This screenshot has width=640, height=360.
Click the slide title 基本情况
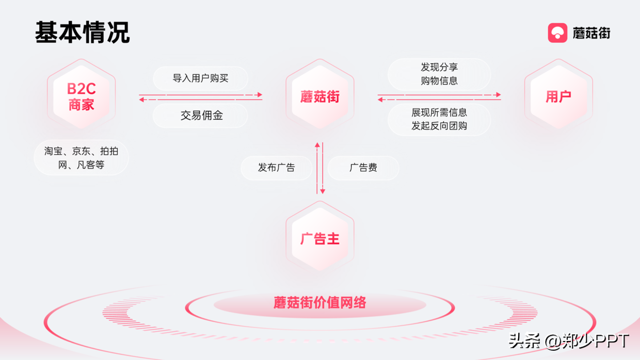pyautogui.click(x=82, y=32)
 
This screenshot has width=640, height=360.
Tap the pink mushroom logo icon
pyautogui.click(x=557, y=33)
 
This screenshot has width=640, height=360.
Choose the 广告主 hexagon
pyautogui.click(x=320, y=238)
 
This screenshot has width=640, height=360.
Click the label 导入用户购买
pyautogui.click(x=200, y=78)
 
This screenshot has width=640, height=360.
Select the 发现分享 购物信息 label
pyautogui.click(x=439, y=74)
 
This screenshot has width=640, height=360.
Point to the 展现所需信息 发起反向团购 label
pyautogui.click(x=439, y=119)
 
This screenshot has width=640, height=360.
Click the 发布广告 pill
pyautogui.click(x=277, y=168)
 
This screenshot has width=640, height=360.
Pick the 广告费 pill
pyautogui.click(x=363, y=168)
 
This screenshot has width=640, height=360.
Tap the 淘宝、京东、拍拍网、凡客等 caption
pyautogui.click(x=81, y=158)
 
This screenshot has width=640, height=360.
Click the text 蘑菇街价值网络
pyautogui.click(x=320, y=302)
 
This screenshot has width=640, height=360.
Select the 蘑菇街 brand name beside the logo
pyautogui.click(x=591, y=34)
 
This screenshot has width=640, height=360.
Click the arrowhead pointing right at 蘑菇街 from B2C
pyautogui.click(x=260, y=95)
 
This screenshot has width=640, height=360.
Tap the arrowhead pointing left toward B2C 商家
pyautogui.click(x=141, y=99)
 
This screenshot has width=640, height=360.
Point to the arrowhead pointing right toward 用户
pyautogui.click(x=499, y=95)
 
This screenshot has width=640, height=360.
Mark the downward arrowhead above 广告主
pyautogui.click(x=323, y=191)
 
